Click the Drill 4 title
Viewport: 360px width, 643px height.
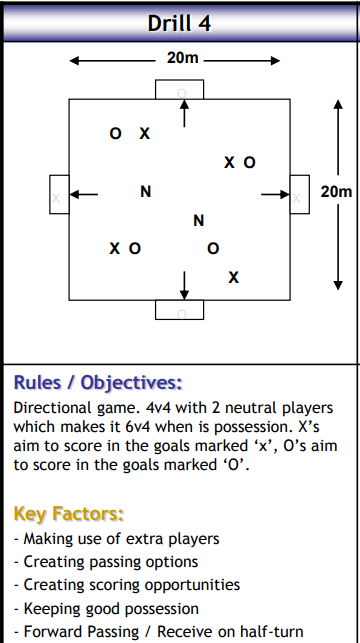[x=180, y=22]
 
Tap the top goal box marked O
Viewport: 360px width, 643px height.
[x=181, y=89]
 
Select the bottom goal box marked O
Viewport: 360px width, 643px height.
[x=181, y=310]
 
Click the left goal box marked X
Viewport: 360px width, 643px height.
[x=58, y=194]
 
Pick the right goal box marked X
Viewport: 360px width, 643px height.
[x=299, y=194]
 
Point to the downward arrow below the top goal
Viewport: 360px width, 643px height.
[x=182, y=113]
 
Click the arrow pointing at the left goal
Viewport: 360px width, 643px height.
[x=84, y=194]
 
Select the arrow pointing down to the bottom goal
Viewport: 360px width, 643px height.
[x=183, y=284]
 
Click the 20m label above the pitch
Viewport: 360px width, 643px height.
[x=183, y=58]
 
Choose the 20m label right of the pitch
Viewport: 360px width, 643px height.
[x=337, y=191]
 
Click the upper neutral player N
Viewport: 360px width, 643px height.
[x=146, y=192]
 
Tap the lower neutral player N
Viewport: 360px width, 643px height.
[x=198, y=220]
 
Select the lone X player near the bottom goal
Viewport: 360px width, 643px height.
[x=233, y=277]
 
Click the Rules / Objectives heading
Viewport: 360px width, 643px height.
[x=97, y=382]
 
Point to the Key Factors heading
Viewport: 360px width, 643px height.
[x=68, y=514]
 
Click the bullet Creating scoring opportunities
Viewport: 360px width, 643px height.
[x=130, y=584]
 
